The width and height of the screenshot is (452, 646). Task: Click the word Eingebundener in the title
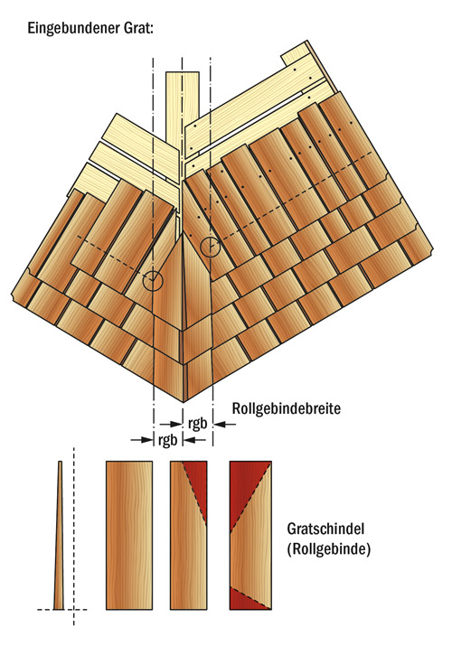click(72, 29)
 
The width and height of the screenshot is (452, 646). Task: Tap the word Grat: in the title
click(137, 28)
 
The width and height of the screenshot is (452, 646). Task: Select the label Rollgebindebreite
click(287, 408)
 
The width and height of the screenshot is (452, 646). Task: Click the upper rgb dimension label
click(197, 424)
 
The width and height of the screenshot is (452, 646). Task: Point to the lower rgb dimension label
click(168, 440)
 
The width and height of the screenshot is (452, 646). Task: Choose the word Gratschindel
click(326, 529)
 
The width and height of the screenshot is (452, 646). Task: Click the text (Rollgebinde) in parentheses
click(328, 549)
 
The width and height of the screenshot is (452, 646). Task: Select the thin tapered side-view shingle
click(60, 535)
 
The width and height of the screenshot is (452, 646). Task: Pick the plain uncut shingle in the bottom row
click(129, 535)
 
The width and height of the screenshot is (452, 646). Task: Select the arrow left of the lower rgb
click(142, 440)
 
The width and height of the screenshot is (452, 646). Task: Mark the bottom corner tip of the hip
click(184, 402)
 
